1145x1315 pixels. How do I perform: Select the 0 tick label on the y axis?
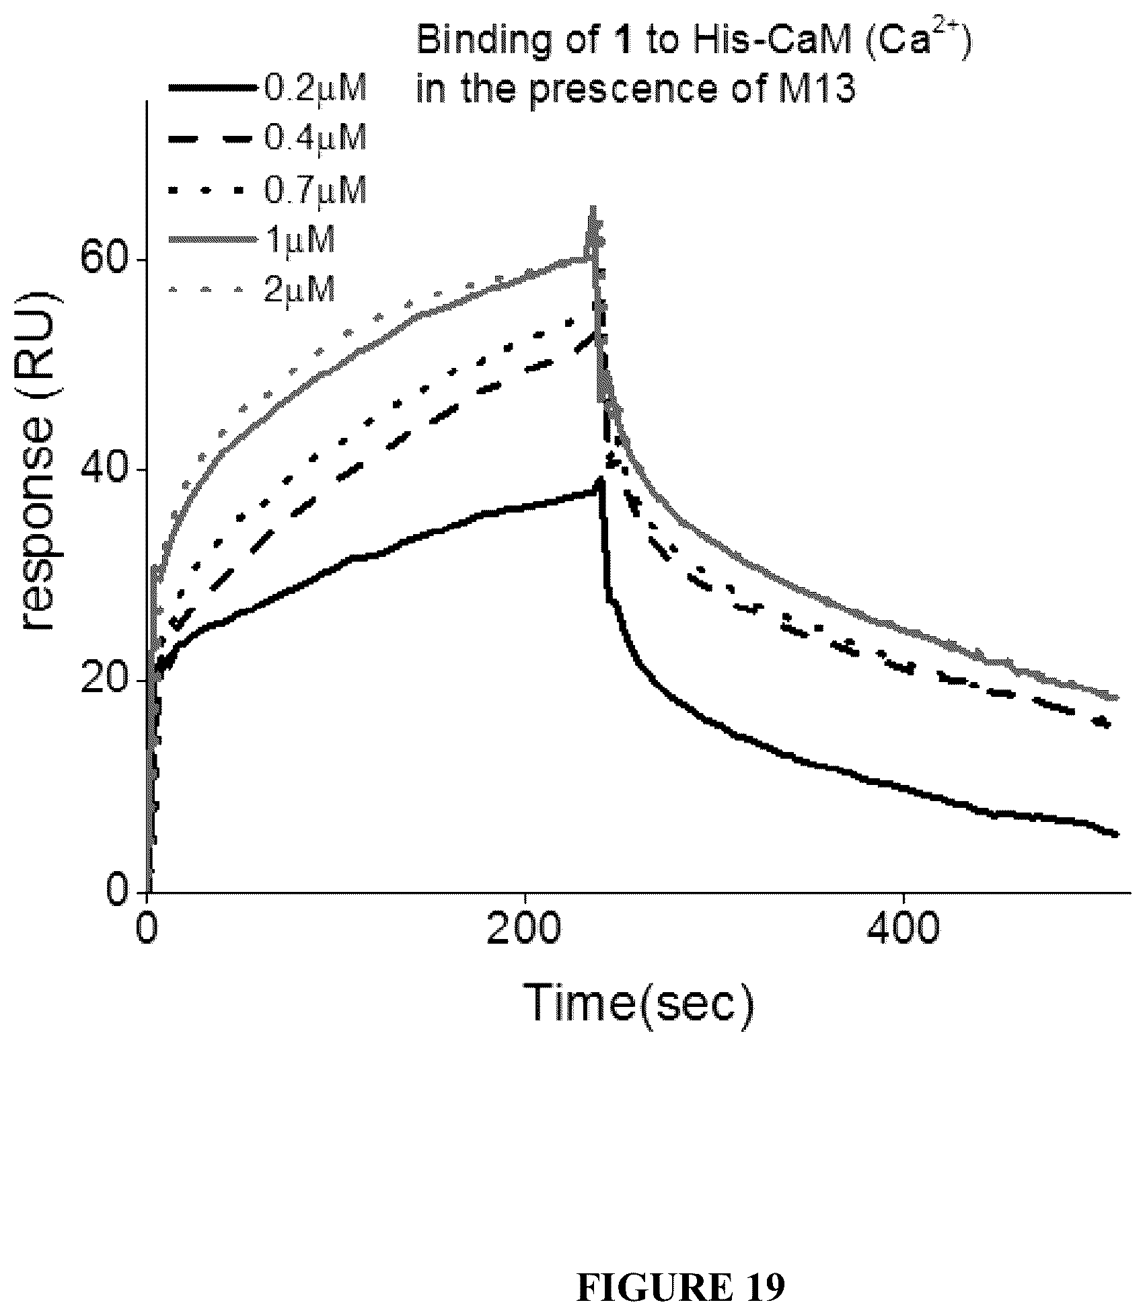[118, 891]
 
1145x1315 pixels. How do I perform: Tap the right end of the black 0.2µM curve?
[1117, 834]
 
